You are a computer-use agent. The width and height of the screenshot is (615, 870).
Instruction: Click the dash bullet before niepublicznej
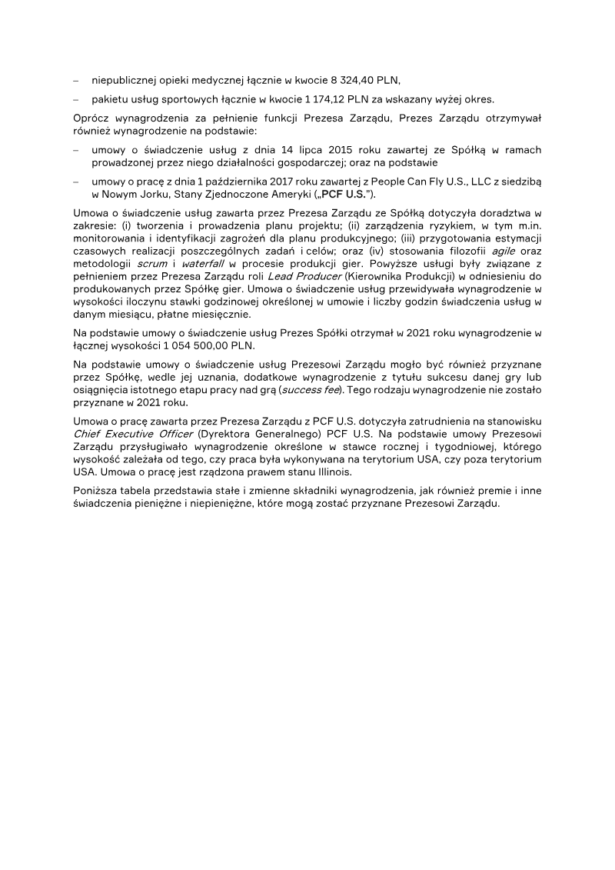[x=75, y=80]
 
